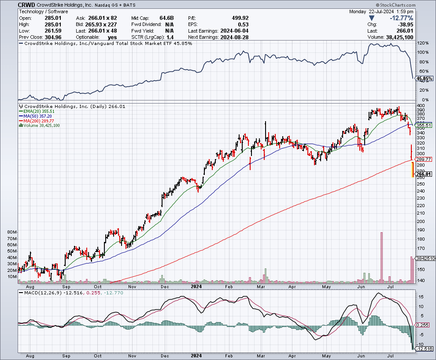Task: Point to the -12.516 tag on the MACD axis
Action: point(425,349)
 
